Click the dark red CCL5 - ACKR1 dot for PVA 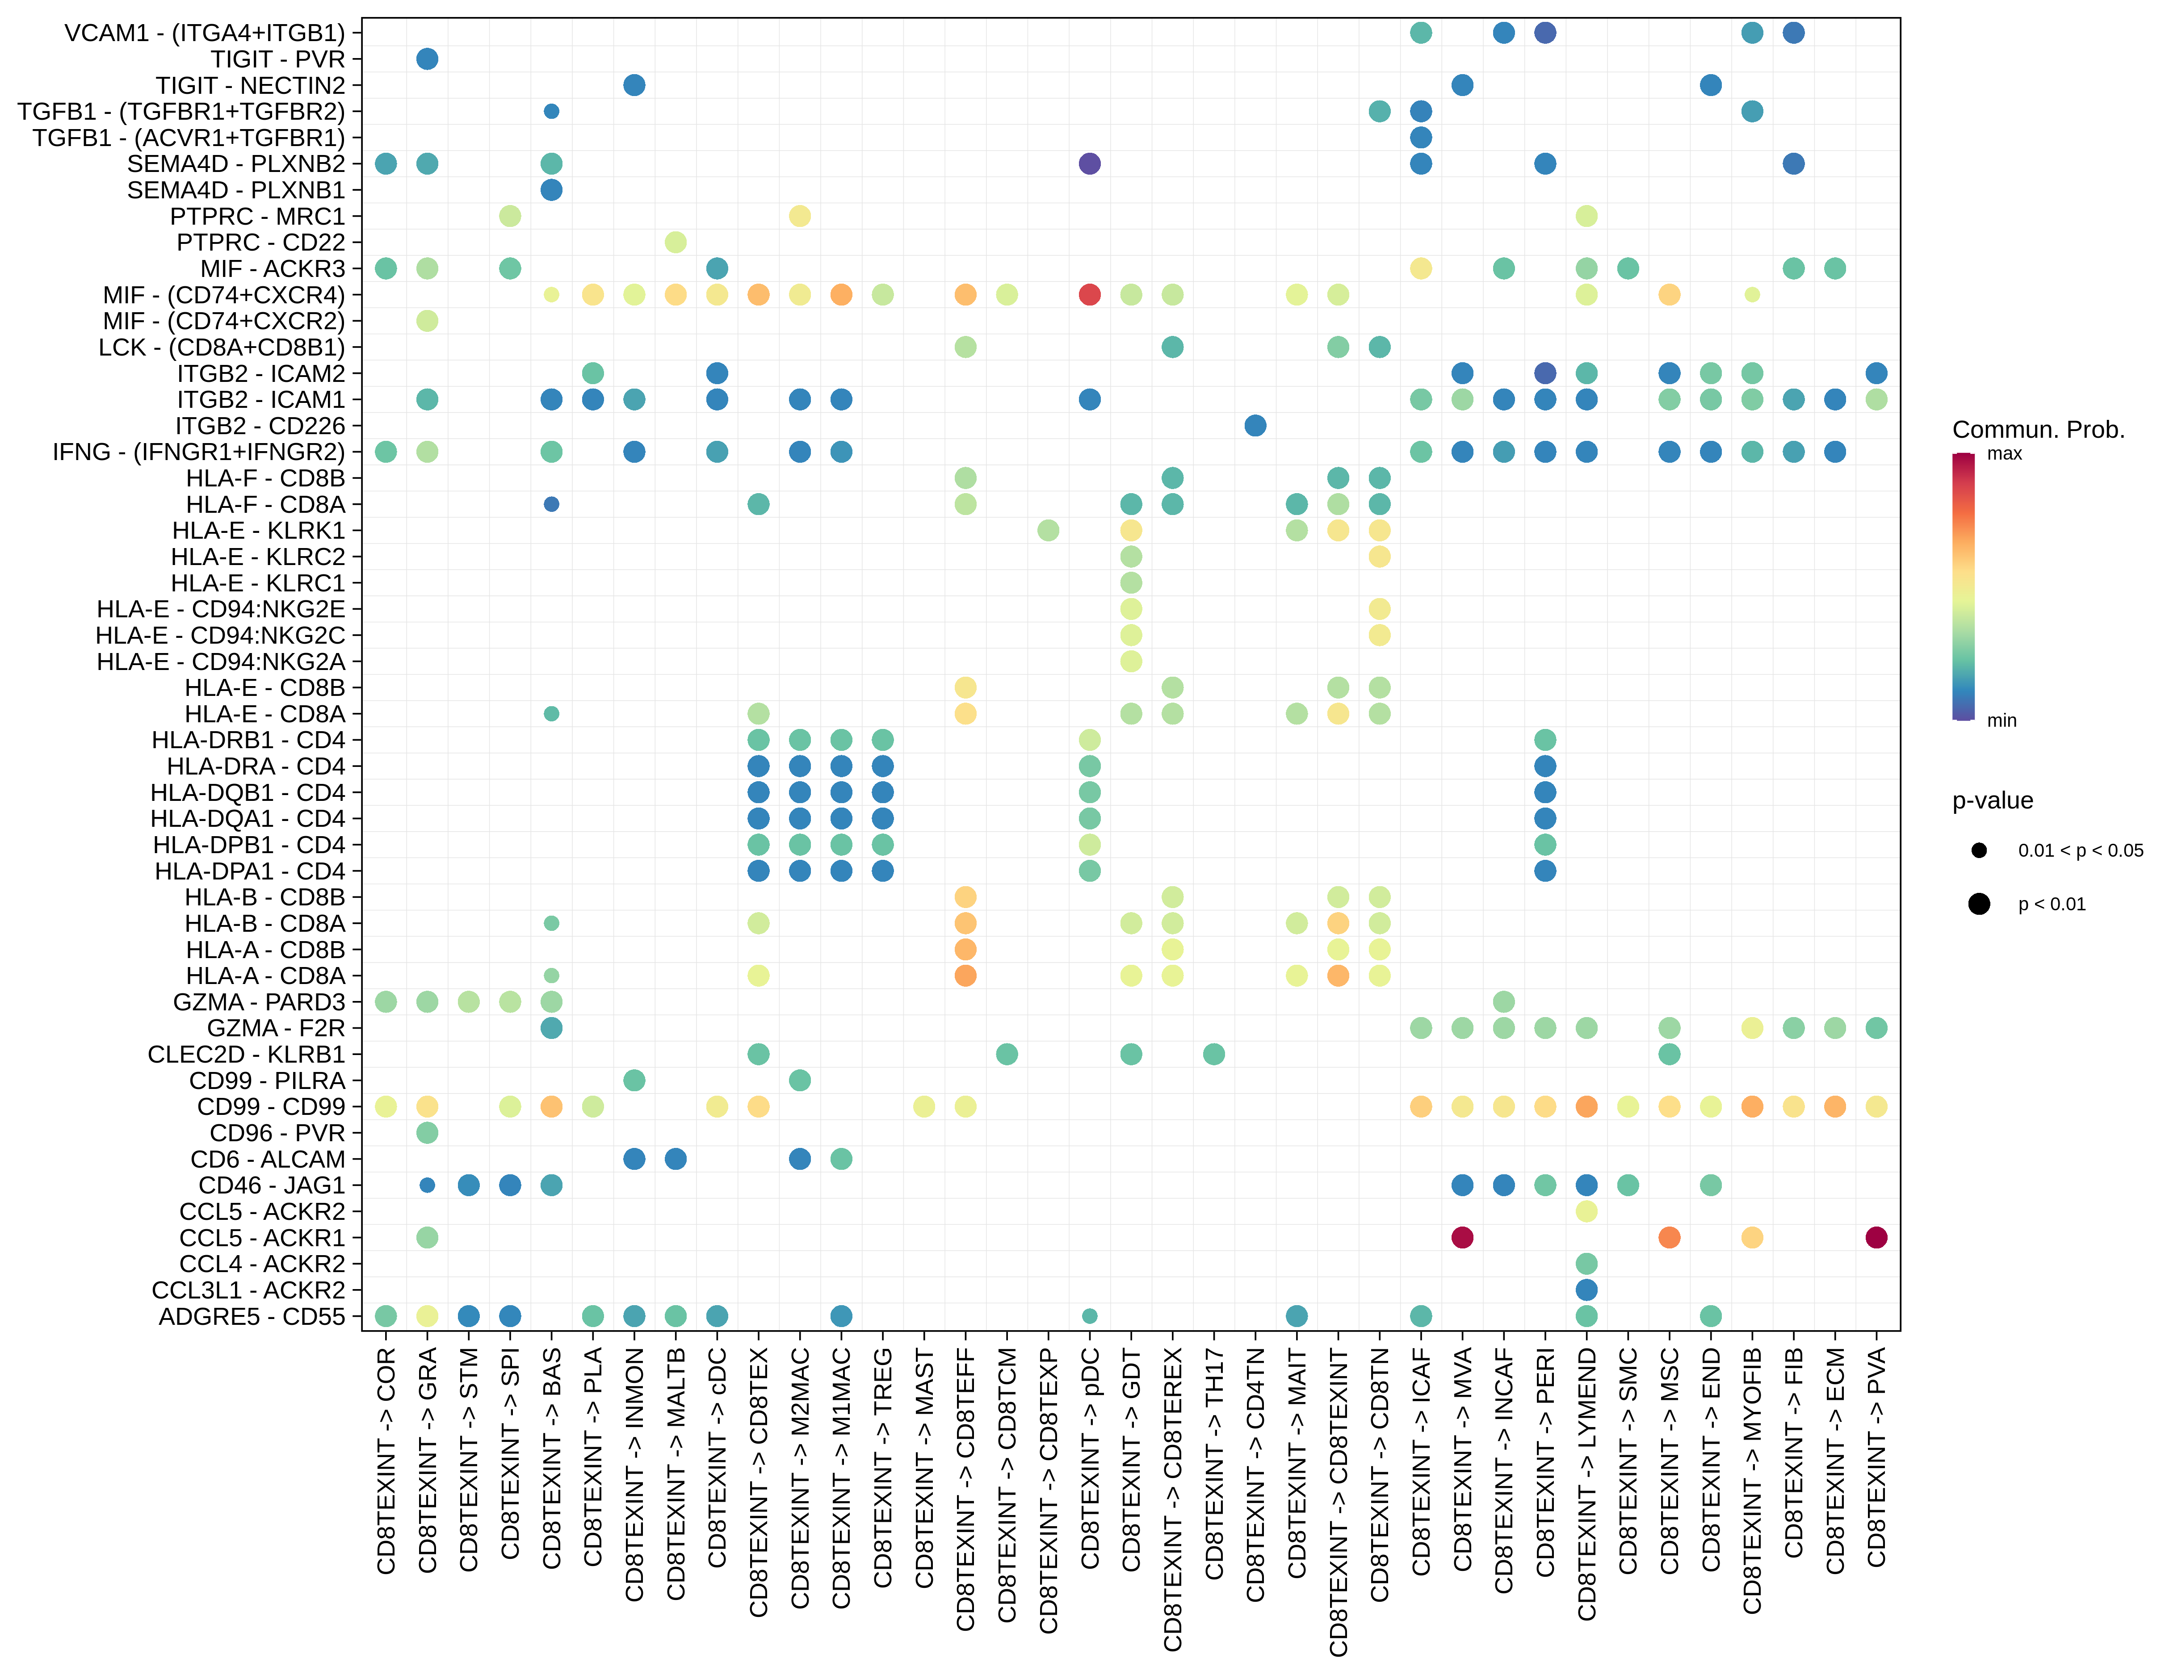pyautogui.click(x=1876, y=1237)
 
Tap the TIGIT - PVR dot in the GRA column pyautogui.click(x=427, y=59)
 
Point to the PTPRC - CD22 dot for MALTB pyautogui.click(x=675, y=242)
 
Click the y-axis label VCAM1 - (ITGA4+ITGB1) pyautogui.click(x=205, y=33)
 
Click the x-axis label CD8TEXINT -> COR pyautogui.click(x=387, y=1461)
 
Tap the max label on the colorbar pyautogui.click(x=2005, y=454)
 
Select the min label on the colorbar pyautogui.click(x=2002, y=720)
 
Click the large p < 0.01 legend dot pyautogui.click(x=1980, y=903)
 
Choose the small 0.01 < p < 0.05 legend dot pyautogui.click(x=1980, y=850)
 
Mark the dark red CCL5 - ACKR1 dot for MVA pyautogui.click(x=1462, y=1237)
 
